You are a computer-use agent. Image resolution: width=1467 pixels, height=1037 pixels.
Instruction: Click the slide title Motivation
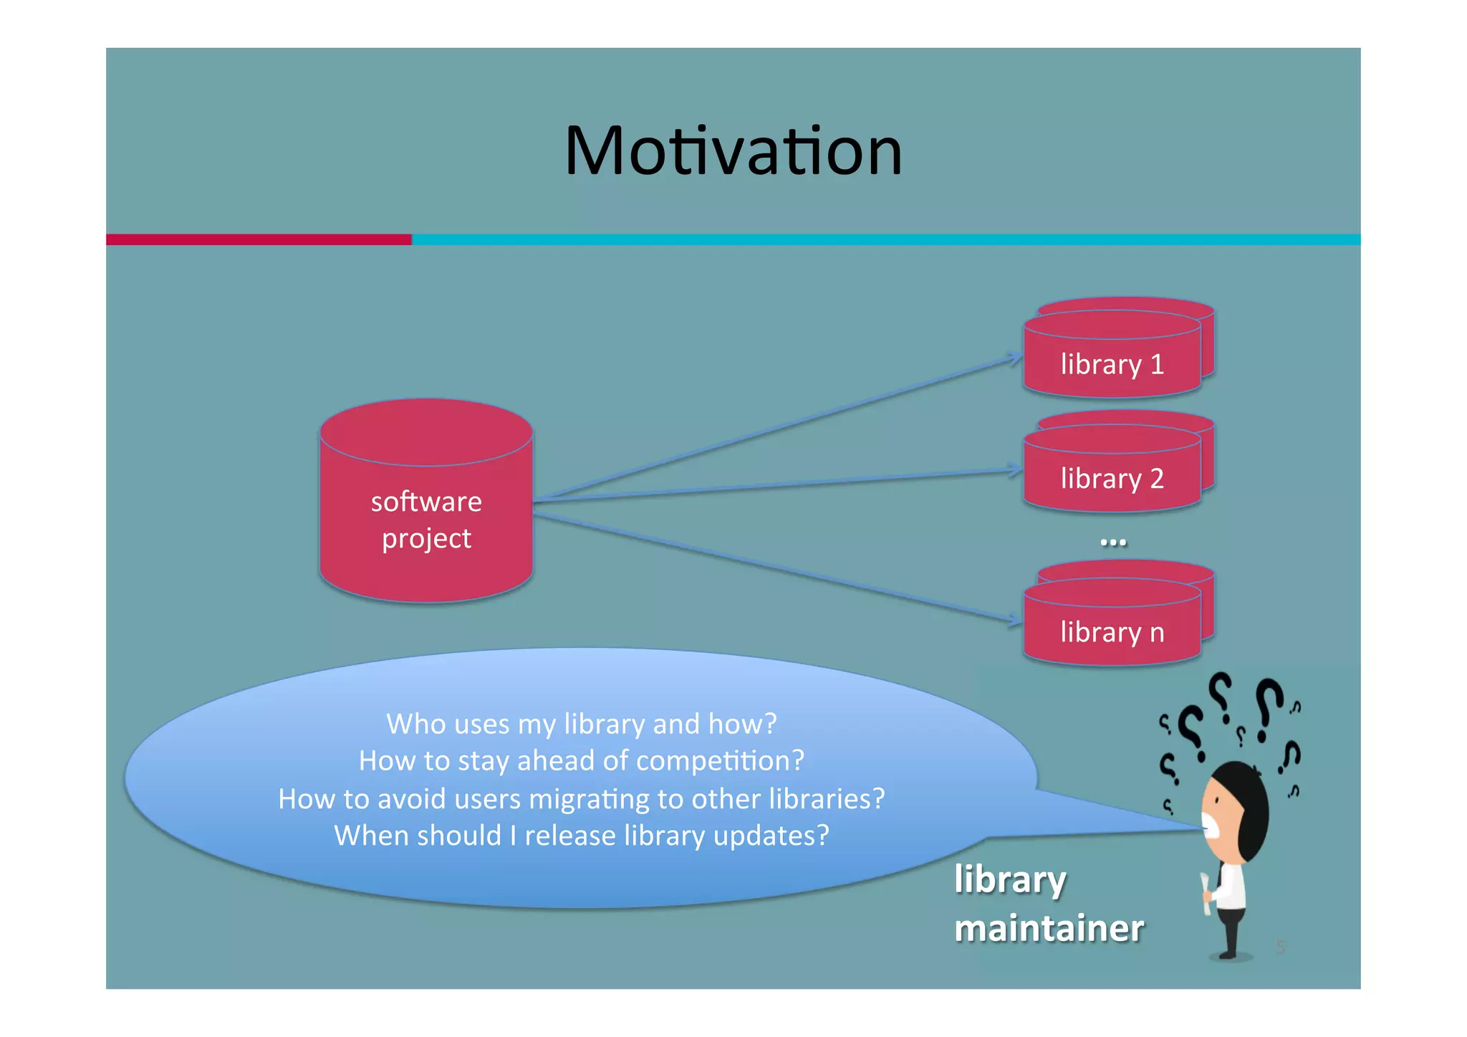[733, 151]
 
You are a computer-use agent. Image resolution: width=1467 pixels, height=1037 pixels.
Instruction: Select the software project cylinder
[426, 501]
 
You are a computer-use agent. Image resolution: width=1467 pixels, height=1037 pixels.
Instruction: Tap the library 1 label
[1112, 365]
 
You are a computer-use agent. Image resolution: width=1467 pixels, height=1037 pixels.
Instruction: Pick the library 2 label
[1112, 479]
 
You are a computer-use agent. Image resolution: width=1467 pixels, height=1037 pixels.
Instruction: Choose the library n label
[1112, 633]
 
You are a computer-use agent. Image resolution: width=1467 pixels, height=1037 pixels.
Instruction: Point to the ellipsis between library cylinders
[1112, 543]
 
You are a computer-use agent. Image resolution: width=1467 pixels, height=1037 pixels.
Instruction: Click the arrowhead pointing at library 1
[1016, 358]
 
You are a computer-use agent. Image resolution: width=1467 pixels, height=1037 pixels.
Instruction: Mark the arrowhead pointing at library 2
[1016, 470]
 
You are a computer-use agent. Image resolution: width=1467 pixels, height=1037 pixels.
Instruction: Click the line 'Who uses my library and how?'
[581, 724]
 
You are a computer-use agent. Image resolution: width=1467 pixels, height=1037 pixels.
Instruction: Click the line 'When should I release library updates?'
[581, 836]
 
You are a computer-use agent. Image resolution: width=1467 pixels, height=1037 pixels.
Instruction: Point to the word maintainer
[1049, 929]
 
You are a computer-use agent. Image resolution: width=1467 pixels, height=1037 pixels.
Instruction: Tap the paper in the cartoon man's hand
[1206, 894]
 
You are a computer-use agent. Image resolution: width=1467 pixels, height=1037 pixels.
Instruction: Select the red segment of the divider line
[259, 239]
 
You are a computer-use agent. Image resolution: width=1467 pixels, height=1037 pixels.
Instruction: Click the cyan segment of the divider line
[885, 239]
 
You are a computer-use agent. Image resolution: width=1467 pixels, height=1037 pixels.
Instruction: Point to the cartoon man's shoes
[1229, 954]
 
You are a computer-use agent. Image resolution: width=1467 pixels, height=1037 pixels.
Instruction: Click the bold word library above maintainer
[1010, 879]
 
